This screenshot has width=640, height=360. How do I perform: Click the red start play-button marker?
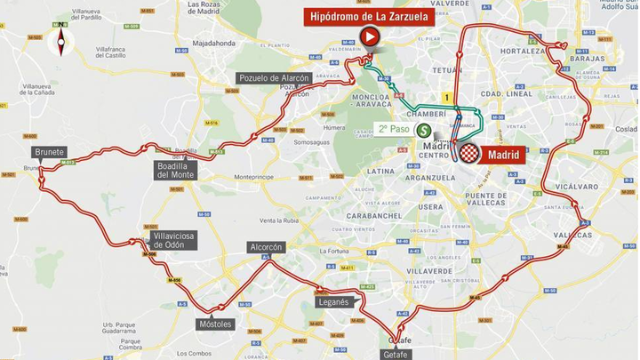tap(369, 36)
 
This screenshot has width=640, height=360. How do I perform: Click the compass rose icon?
tap(61, 40)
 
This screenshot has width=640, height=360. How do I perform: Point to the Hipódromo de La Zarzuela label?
tap(369, 15)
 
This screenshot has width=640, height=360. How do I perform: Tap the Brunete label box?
tap(50, 152)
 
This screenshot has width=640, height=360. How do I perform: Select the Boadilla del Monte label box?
tap(175, 169)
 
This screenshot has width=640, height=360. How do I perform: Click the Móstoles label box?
tap(216, 324)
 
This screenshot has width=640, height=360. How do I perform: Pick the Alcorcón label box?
tap(266, 247)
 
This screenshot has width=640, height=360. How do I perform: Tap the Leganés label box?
tap(332, 301)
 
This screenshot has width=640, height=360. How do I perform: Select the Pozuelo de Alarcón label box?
tap(274, 78)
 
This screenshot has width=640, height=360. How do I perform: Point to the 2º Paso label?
tap(394, 128)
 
